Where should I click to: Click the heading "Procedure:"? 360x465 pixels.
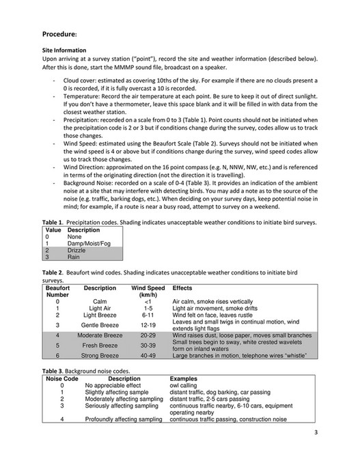click(x=60, y=33)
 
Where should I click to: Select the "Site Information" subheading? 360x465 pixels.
click(x=64, y=51)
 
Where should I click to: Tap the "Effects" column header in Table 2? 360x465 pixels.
click(x=182, y=288)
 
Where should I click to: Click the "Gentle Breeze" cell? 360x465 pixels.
click(x=100, y=325)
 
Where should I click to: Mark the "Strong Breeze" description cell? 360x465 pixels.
click(x=100, y=356)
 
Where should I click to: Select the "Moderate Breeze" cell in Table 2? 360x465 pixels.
click(x=100, y=336)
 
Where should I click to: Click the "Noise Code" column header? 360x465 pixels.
click(x=61, y=378)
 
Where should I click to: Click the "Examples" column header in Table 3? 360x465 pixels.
click(x=183, y=378)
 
